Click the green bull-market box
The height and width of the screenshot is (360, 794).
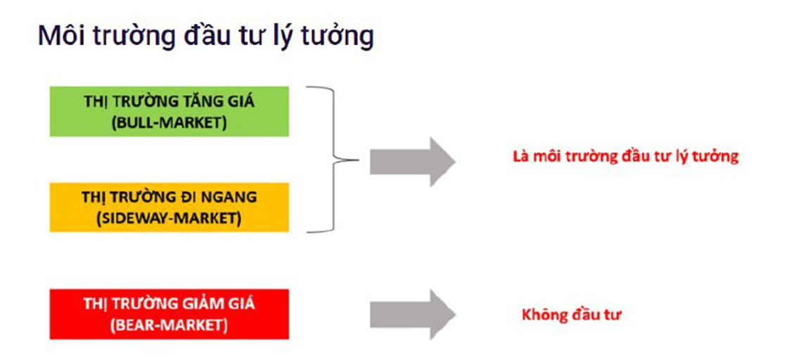point(169,111)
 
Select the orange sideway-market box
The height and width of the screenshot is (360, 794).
point(169,207)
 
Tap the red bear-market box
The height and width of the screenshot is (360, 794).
point(169,314)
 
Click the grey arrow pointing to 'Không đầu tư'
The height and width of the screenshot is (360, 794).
point(413,314)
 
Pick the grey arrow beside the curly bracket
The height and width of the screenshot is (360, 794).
point(413,162)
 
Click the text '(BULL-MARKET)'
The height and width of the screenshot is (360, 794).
point(169,123)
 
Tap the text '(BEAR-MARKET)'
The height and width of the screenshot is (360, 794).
point(169,325)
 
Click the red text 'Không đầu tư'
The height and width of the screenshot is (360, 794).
point(571,316)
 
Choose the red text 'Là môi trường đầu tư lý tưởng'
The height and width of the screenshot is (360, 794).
point(626,157)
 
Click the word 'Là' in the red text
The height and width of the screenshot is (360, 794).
point(520,156)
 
